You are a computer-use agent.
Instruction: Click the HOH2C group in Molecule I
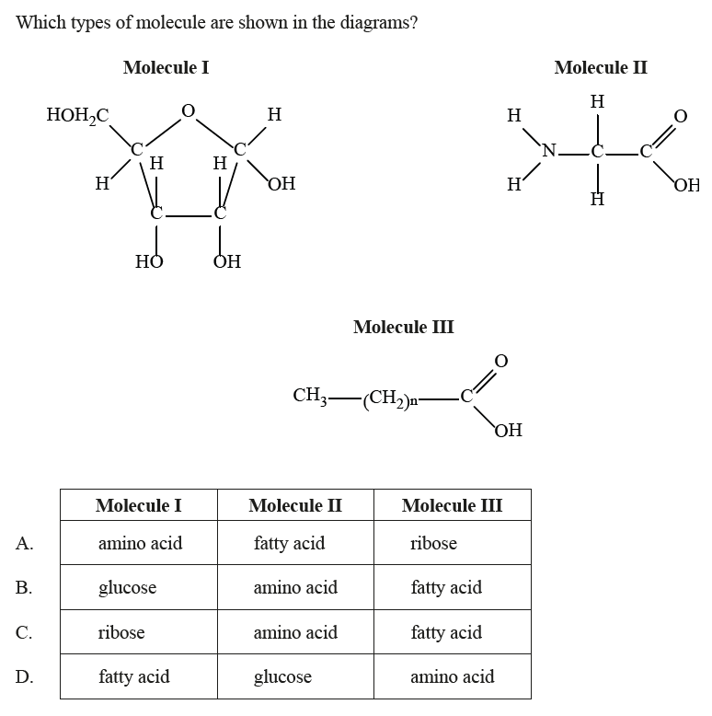coord(77,115)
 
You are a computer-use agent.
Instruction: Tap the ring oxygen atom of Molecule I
coord(188,111)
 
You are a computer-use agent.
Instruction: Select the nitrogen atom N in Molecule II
coord(550,151)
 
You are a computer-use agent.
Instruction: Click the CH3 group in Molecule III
coord(310,396)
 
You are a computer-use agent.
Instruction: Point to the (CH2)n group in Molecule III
coord(391,398)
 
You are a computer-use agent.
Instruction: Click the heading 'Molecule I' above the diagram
coord(166,67)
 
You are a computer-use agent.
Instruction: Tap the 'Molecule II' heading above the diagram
coord(601,67)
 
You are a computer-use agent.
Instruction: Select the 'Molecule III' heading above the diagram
coord(403,327)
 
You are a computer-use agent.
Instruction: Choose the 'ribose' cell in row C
coord(121,632)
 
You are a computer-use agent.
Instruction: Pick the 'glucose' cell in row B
coord(127,587)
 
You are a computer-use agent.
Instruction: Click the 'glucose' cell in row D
coord(282,677)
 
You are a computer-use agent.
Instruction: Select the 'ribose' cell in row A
coord(433,543)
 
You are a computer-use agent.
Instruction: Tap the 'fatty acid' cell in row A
coord(289,543)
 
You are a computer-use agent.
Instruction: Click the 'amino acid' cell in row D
coord(452,677)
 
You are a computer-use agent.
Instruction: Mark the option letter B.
coord(25,587)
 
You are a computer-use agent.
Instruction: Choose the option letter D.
coord(25,677)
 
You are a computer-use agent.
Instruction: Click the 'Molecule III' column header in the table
coord(452,505)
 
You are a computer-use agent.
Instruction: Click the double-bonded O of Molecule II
coord(681,116)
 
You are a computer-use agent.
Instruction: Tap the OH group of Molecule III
coord(508,430)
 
